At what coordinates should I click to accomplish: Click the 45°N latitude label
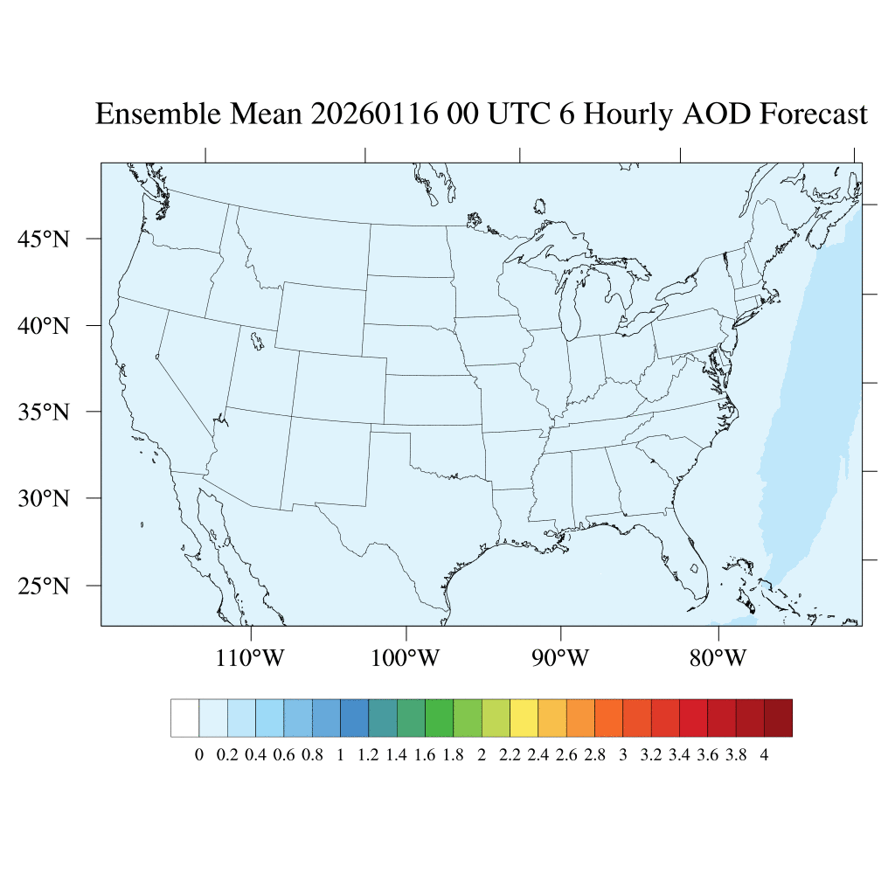(x=44, y=239)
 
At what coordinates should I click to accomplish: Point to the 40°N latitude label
(x=44, y=326)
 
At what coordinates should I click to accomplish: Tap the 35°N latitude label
(x=44, y=412)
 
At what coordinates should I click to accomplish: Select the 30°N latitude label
(x=44, y=499)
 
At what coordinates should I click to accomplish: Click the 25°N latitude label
(x=44, y=586)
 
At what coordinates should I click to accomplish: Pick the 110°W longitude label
(x=250, y=657)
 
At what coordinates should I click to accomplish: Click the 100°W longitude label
(x=406, y=657)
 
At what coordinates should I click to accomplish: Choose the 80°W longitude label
(x=718, y=657)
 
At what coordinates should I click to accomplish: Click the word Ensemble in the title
(x=154, y=114)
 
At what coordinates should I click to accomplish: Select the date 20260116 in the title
(x=373, y=114)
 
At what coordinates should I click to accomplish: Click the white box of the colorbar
(x=184, y=718)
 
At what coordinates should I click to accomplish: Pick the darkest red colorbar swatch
(x=778, y=718)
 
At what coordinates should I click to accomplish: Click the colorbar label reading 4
(x=765, y=755)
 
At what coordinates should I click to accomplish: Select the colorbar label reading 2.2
(x=510, y=755)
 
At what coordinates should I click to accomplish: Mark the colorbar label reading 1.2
(x=368, y=755)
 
